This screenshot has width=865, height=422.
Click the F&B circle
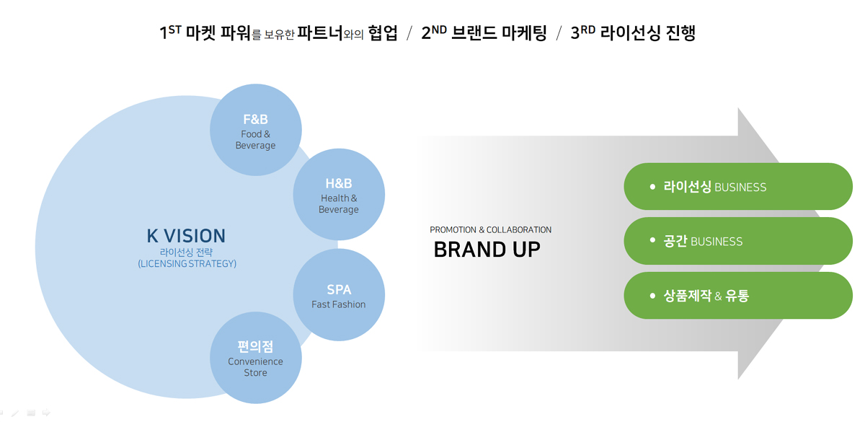[256, 130]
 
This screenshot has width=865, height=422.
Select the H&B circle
[339, 194]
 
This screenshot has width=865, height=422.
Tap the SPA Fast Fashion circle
[339, 295]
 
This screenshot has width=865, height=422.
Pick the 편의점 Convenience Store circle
[256, 358]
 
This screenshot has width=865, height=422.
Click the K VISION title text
[186, 236]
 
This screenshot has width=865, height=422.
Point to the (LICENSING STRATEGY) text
[187, 263]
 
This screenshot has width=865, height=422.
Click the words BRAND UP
[487, 250]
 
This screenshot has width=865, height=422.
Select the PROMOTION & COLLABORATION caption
[490, 230]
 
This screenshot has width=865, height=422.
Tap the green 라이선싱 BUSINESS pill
[738, 187]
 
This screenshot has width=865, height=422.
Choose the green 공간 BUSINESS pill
[738, 241]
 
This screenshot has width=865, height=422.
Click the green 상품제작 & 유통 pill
[738, 296]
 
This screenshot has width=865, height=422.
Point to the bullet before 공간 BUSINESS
[652, 240]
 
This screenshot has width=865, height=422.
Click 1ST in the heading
[170, 32]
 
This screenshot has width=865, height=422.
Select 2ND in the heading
[434, 32]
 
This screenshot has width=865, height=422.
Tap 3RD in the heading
[583, 32]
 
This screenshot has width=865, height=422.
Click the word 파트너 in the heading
[320, 33]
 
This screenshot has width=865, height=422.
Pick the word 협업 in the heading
[383, 33]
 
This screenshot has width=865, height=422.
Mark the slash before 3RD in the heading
[559, 33]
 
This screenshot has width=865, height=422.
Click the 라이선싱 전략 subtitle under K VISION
[186, 252]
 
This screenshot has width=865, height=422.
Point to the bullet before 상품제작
[652, 296]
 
